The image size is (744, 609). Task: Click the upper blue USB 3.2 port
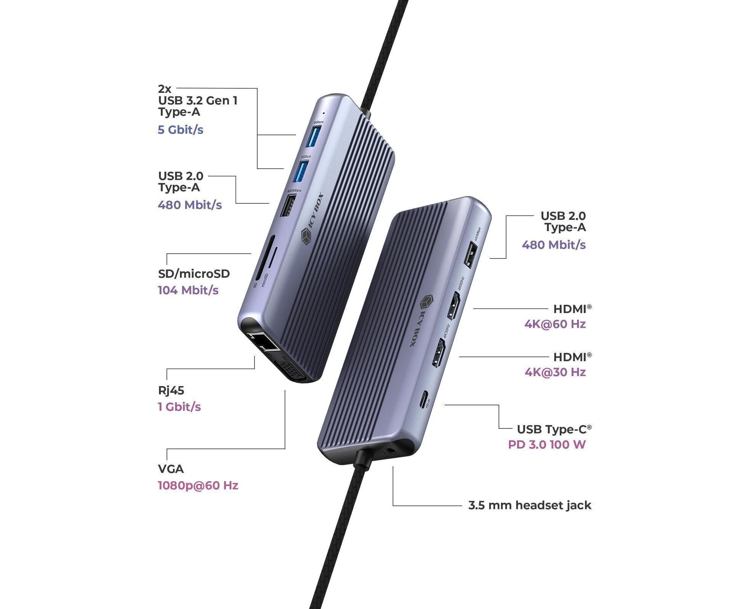point(314,136)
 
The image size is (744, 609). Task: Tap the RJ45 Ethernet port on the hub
point(264,342)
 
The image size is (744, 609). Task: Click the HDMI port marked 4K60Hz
point(454,305)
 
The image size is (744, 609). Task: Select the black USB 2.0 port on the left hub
point(288,206)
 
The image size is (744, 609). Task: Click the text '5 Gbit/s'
point(180,130)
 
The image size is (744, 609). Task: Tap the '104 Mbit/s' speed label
point(188,290)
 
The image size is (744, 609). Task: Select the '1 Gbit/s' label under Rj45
point(179,407)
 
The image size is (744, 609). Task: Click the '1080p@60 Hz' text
point(198,486)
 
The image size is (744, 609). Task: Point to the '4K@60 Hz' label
point(555,324)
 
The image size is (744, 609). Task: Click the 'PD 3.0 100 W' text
point(547,445)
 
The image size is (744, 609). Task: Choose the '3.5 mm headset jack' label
point(530,505)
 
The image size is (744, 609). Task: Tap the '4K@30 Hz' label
point(555,372)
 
